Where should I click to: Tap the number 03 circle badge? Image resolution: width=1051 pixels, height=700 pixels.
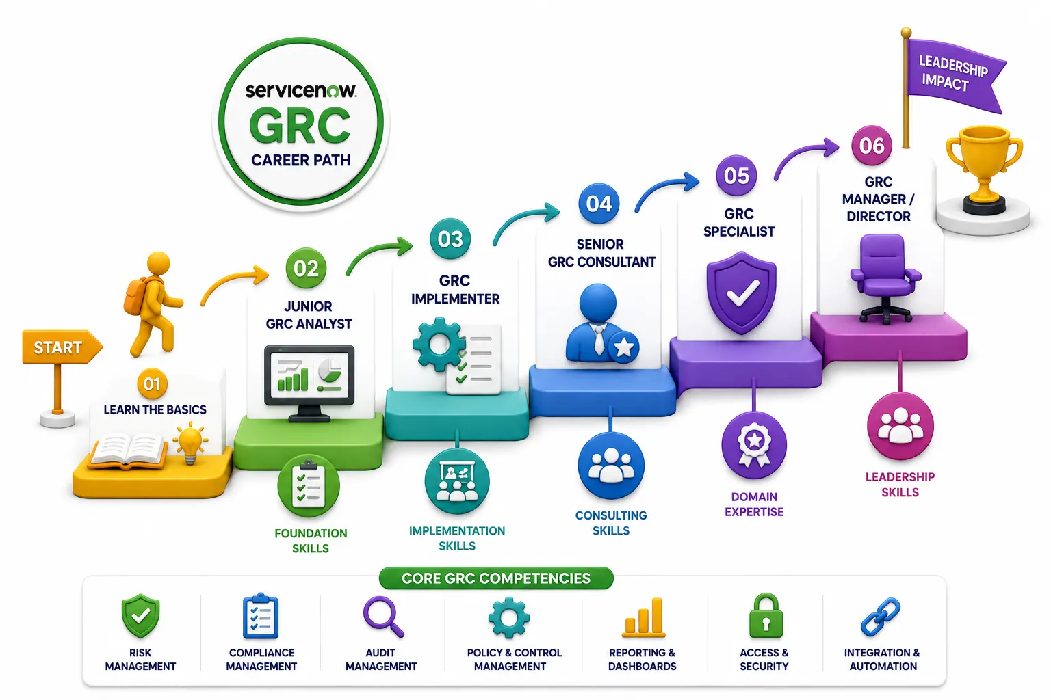click(450, 239)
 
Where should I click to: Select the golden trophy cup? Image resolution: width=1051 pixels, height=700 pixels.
click(984, 169)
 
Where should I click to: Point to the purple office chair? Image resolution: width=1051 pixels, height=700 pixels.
click(885, 278)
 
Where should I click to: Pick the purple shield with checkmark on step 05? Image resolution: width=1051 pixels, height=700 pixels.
click(741, 293)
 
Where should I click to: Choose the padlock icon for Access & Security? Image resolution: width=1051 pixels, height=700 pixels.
click(765, 616)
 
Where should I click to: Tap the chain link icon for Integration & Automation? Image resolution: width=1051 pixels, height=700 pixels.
click(881, 617)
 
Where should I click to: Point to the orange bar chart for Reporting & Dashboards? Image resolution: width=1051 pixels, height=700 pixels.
click(643, 618)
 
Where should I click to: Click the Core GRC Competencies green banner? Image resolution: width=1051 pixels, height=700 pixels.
click(496, 578)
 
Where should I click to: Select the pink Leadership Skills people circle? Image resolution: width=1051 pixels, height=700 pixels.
click(900, 426)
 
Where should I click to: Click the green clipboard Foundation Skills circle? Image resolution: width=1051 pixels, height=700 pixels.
click(309, 485)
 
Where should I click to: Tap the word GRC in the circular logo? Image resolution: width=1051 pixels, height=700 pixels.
click(300, 125)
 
